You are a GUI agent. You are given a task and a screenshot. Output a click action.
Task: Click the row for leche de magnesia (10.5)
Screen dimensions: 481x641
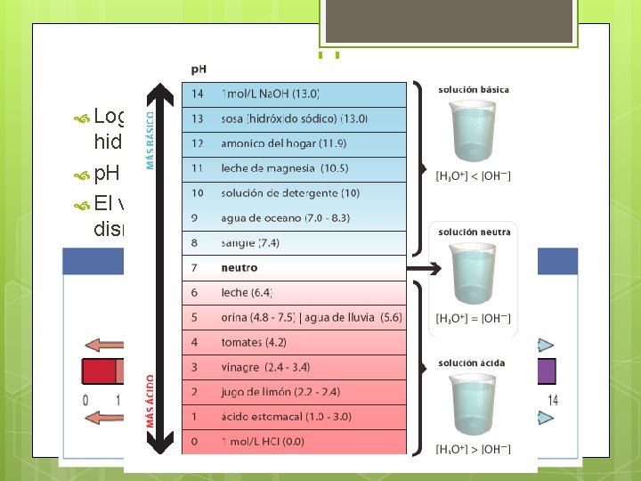(294, 168)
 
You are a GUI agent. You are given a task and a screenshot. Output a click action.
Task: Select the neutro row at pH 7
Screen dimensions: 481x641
(294, 267)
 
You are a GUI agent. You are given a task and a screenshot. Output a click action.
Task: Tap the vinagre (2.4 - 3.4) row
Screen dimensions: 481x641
(294, 366)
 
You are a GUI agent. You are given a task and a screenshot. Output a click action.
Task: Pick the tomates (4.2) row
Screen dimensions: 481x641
(294, 341)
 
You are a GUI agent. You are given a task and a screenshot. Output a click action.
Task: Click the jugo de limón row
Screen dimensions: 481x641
(294, 391)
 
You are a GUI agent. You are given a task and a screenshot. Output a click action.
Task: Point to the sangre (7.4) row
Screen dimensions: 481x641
(294, 242)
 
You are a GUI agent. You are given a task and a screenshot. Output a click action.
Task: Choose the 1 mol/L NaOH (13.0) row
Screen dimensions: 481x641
(294, 94)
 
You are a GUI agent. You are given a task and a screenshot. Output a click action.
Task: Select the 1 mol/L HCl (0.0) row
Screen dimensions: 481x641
(294, 441)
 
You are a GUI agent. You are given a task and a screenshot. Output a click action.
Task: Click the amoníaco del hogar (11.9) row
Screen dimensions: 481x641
(294, 143)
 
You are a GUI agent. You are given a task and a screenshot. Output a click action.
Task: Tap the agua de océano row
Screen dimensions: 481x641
(294, 217)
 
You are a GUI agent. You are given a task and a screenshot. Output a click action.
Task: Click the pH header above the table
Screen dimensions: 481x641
(201, 68)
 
